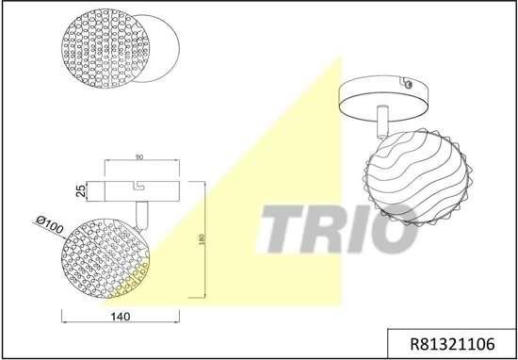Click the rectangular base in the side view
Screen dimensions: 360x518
pos(141,188)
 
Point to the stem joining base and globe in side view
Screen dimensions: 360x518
pos(141,215)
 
